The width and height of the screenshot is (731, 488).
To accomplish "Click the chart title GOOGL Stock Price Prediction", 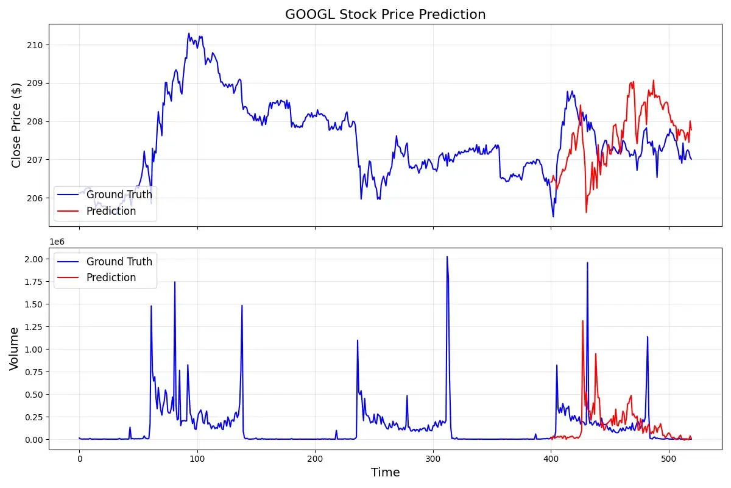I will pos(385,14).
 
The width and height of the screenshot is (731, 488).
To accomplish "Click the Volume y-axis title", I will pos(14,348).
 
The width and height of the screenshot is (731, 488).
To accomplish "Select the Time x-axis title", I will pos(385,472).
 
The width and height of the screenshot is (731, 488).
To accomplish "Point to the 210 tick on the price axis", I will pos(35,45).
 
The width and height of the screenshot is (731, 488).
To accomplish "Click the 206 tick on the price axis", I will pos(35,198).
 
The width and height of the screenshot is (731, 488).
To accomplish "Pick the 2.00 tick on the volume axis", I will pos(34,259).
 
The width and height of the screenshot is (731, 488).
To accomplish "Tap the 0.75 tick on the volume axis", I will pos(34,372).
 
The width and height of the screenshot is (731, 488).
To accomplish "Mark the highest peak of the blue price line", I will pos(189,34).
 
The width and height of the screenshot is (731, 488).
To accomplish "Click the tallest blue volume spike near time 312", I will pos(447,257).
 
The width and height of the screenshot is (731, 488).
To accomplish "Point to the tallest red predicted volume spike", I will pos(582,321).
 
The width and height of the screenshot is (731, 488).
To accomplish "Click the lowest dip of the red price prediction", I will pos(586,212).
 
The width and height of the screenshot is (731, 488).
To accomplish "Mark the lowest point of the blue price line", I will pos(553,217).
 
